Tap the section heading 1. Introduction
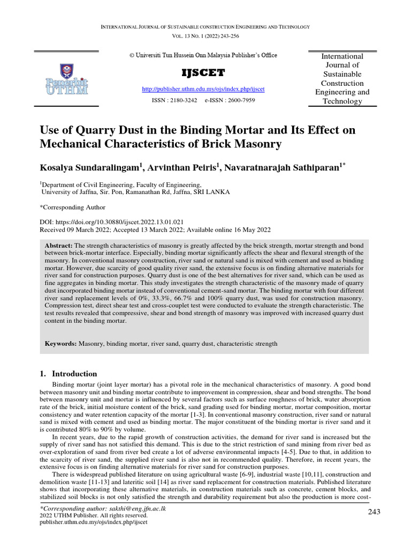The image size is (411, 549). point(68,374)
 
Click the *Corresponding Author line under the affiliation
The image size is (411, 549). point(73,207)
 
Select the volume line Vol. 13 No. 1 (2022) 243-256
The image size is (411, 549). point(205,36)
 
